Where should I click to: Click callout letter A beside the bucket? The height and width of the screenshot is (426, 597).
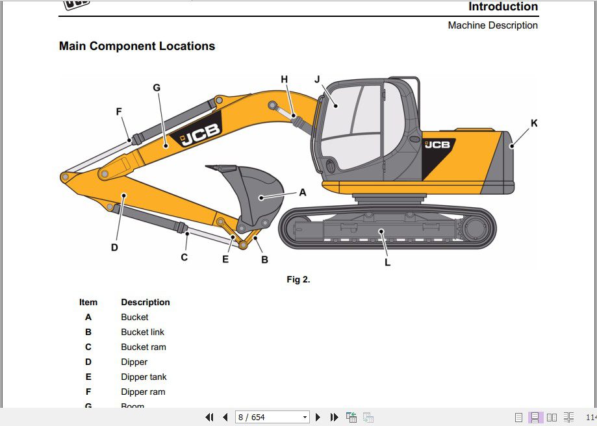[x=302, y=193]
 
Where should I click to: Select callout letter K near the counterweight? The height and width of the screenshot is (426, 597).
[x=534, y=123]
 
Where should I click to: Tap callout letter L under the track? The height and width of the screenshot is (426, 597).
[x=387, y=263]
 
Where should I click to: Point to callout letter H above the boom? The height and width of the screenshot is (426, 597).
[x=284, y=79]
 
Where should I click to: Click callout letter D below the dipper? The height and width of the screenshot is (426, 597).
[x=114, y=247]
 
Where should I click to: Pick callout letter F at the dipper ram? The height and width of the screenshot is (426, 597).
[x=119, y=112]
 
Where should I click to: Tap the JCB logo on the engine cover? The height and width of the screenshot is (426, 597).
[x=437, y=144]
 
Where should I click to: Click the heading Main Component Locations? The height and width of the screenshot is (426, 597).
[x=137, y=46]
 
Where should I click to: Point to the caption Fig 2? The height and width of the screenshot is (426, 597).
[x=298, y=280]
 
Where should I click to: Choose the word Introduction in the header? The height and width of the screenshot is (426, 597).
[x=503, y=7]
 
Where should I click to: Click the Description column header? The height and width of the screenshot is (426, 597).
[x=146, y=302]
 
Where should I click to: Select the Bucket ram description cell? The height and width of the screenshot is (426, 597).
[x=144, y=347]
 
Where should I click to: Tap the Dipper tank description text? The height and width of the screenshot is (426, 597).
[x=144, y=377]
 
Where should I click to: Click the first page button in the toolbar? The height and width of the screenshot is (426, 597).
[x=209, y=417]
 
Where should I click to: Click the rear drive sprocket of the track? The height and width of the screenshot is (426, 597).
[x=475, y=229]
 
